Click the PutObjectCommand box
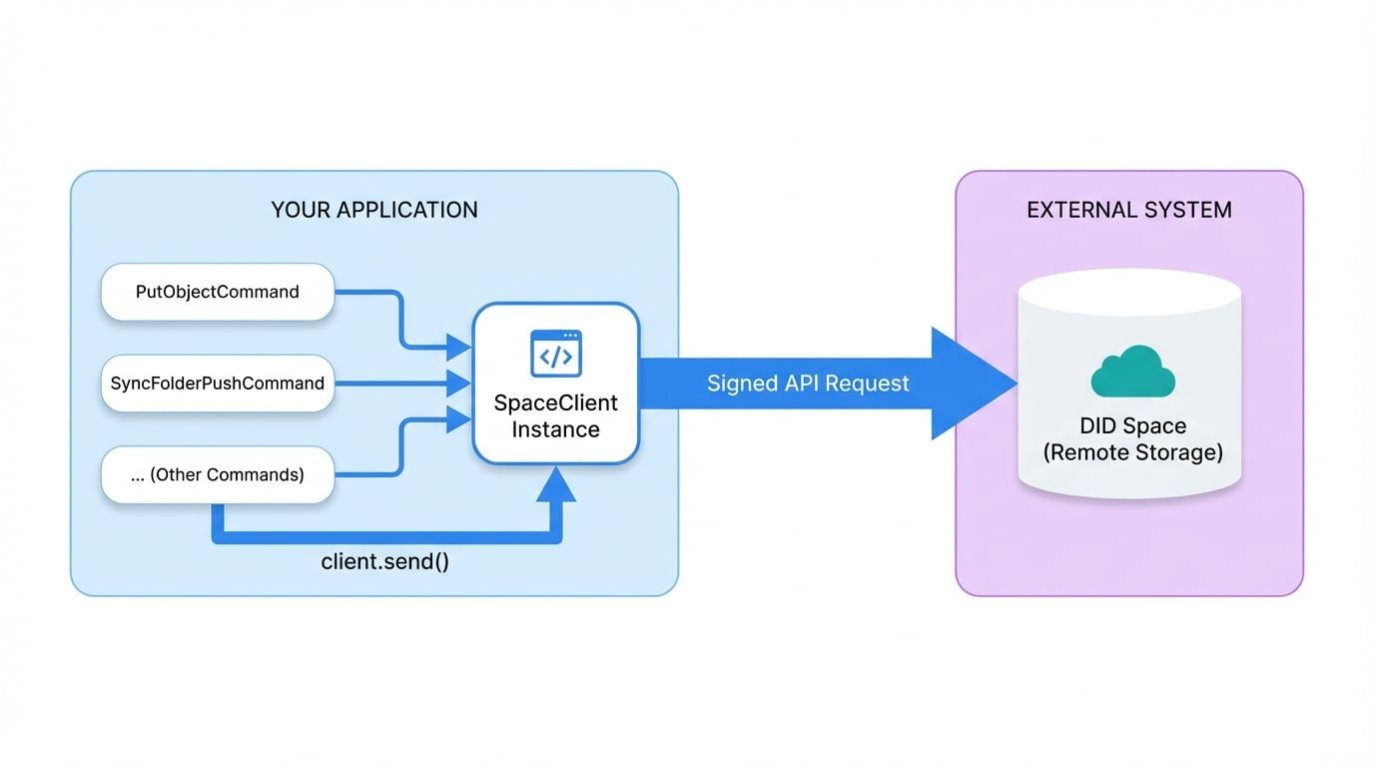(x=218, y=292)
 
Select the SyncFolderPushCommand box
(x=218, y=383)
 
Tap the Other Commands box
(x=218, y=475)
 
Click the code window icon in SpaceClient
(x=556, y=354)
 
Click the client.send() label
(x=384, y=561)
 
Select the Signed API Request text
(x=808, y=383)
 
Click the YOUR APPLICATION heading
(x=374, y=210)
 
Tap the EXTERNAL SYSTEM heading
(x=1129, y=210)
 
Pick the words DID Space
(x=1132, y=426)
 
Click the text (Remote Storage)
(x=1132, y=452)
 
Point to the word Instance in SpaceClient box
(x=556, y=430)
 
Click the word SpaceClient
(x=556, y=403)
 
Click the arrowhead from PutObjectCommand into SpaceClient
(x=459, y=348)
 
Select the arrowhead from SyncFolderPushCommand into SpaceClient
(x=459, y=383)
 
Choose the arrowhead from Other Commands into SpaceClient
(x=459, y=419)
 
